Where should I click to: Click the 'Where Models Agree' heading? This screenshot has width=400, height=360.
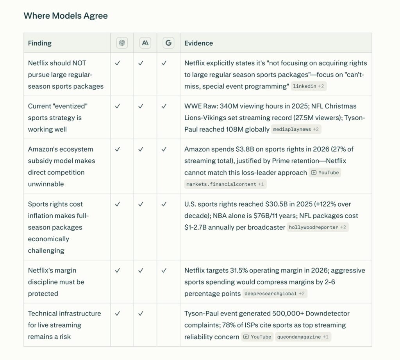[66, 16]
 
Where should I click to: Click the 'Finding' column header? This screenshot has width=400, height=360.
[40, 43]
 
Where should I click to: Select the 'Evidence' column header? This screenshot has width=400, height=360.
[198, 43]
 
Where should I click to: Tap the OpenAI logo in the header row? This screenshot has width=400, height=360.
[122, 43]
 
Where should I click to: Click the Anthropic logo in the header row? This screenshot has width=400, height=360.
[145, 43]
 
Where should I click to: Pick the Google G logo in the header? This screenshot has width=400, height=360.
[168, 43]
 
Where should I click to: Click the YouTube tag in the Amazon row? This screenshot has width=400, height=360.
[325, 173]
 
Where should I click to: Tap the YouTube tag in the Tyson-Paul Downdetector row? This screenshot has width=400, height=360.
[257, 337]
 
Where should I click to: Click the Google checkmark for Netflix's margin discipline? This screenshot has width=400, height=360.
[164, 270]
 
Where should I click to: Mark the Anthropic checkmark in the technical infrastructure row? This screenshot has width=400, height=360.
[141, 313]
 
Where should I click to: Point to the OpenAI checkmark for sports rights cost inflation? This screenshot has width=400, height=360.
[117, 204]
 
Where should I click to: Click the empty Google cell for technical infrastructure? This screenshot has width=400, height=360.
[168, 325]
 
